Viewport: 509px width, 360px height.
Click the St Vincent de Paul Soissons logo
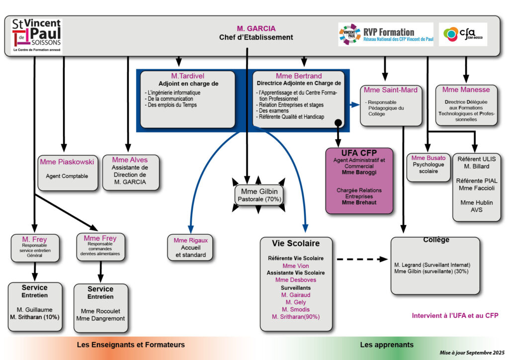(36, 35)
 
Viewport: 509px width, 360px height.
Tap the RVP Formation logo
(386, 34)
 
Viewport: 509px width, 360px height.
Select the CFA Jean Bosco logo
(464, 34)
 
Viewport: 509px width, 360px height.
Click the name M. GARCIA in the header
(256, 28)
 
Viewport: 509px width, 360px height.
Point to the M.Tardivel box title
(188, 76)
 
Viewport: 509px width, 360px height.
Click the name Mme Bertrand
(299, 76)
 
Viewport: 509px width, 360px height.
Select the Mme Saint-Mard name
(391, 90)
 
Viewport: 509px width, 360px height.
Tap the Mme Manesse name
(466, 90)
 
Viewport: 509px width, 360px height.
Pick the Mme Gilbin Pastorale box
(258, 194)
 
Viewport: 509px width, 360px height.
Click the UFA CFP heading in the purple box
(358, 152)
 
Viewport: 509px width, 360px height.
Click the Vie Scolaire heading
(296, 243)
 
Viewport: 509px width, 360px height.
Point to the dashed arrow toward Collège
(361, 259)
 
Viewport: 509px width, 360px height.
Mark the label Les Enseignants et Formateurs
(131, 345)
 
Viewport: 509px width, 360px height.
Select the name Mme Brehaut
(358, 202)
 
